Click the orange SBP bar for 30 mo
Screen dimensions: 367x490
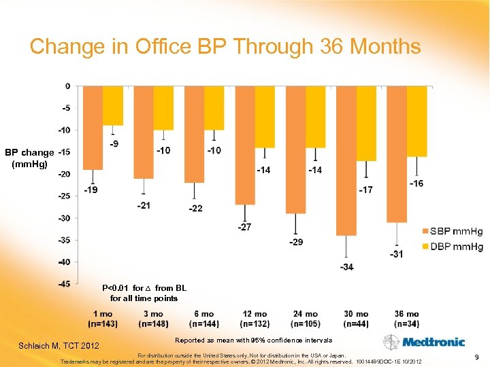[x=346, y=160]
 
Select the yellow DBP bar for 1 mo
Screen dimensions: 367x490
[x=113, y=105]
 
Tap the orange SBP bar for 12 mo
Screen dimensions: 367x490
[x=245, y=145]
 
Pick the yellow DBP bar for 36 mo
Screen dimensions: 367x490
[x=416, y=121]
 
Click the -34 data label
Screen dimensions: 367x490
[x=346, y=266]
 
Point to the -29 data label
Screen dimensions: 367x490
[x=296, y=242]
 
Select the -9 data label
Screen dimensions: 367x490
[x=114, y=143]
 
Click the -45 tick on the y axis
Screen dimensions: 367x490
[x=63, y=284]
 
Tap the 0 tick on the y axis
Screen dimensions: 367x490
[x=67, y=86]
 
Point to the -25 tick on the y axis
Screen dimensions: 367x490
[x=63, y=196]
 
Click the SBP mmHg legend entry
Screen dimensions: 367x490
[x=452, y=232]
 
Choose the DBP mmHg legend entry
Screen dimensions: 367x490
[x=452, y=246]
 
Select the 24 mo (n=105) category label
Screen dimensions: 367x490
[x=306, y=319]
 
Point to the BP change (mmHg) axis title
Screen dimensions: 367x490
[x=29, y=158]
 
